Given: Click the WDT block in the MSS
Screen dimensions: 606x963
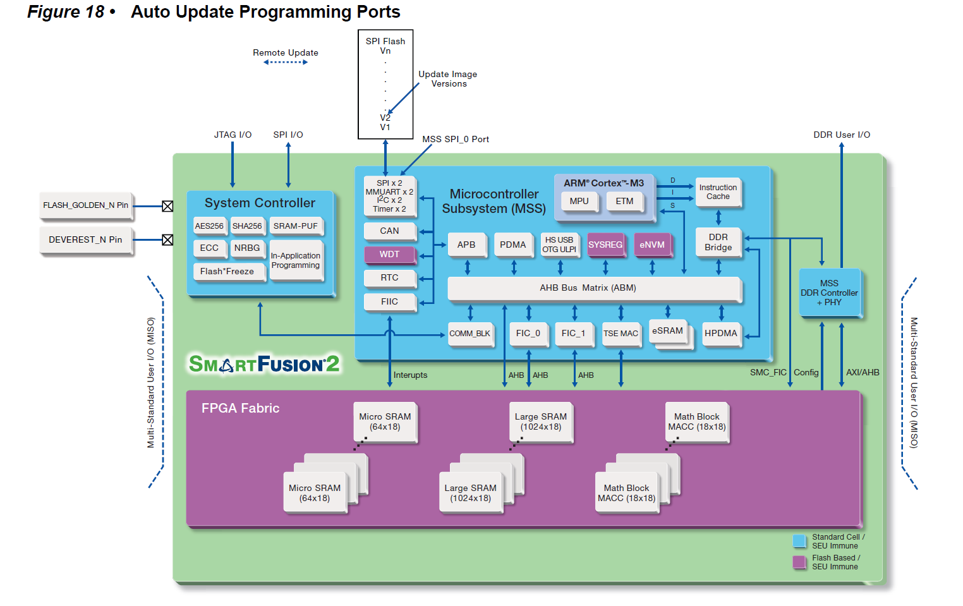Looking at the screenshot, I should (389, 255).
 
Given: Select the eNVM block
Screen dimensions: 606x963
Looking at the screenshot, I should (652, 245).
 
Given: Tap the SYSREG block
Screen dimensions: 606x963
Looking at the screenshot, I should (605, 245).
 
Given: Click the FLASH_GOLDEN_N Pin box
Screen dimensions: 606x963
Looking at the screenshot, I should (86, 205).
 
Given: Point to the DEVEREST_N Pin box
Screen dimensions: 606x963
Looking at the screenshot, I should (86, 240).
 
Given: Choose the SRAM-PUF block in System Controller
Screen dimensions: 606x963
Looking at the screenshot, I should (295, 226).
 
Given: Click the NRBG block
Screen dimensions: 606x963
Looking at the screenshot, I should (247, 248).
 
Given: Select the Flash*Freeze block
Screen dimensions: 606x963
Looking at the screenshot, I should (227, 272).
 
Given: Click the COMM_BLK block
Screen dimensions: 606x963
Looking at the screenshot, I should (469, 334).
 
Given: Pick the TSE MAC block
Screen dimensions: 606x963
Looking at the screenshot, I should (621, 334).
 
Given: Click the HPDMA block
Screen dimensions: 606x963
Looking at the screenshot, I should (720, 334).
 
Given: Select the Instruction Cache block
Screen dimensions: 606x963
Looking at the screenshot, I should (718, 192).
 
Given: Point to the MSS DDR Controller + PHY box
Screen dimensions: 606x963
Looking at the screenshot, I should (829, 293).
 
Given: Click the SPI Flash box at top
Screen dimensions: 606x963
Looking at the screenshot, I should (385, 83).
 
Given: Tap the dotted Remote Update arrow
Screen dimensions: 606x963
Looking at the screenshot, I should (286, 62).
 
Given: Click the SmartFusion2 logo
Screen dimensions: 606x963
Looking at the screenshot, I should (264, 364).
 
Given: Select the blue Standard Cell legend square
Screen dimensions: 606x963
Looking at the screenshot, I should (799, 541).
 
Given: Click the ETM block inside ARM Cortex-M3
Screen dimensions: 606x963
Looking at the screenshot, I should (624, 202).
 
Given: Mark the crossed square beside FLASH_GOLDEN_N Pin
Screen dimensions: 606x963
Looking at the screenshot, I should (167, 206).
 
